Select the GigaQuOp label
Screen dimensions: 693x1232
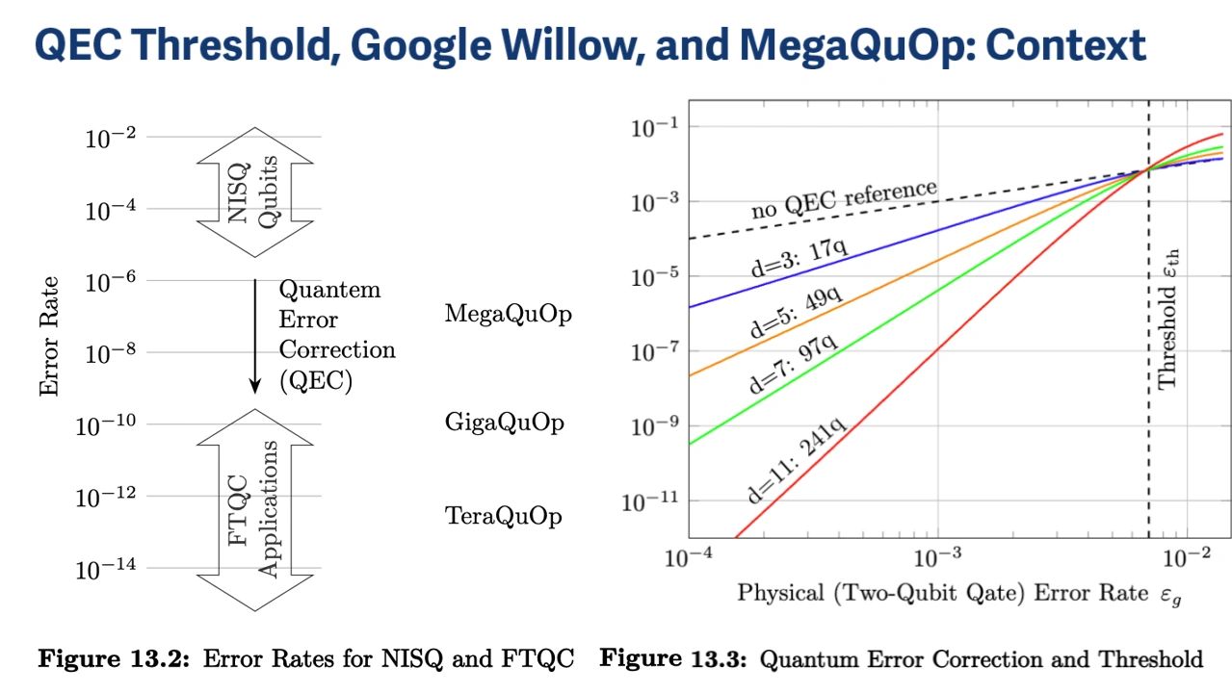pos(504,423)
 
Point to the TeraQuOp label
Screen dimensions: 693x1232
pos(504,516)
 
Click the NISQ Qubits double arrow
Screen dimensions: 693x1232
pos(255,192)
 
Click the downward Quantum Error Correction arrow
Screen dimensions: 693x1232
pos(255,337)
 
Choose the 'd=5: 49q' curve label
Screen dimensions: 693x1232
pos(797,309)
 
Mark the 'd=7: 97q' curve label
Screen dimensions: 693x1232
pos(792,367)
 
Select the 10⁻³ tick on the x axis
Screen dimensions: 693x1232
pos(936,556)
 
